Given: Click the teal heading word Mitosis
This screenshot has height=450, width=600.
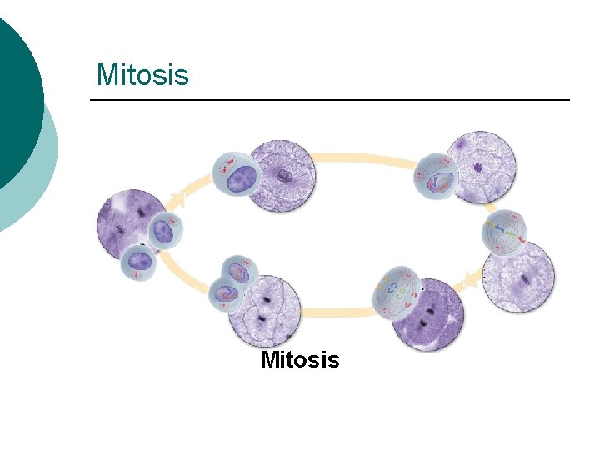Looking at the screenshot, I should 142,74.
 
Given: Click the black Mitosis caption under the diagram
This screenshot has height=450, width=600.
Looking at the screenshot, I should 300,360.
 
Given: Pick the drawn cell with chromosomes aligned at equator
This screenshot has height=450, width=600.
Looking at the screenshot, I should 504,232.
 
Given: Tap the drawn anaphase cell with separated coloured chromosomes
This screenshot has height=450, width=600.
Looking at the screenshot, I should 397,294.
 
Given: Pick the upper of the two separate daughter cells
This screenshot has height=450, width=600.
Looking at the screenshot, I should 165,230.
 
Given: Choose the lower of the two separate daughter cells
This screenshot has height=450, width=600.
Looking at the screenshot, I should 138,263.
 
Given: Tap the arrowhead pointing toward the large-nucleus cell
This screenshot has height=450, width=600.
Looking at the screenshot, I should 178,200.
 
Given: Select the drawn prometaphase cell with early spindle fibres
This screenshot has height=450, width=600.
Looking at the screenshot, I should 437,177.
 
